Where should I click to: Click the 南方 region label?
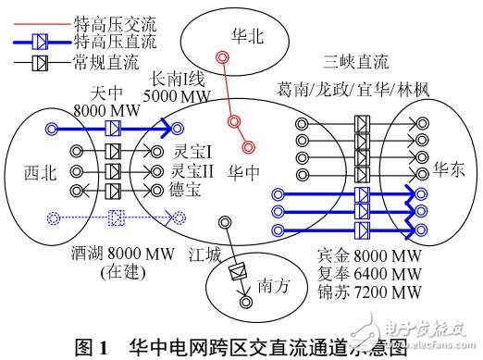[274, 286]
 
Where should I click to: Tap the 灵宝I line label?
[192, 150]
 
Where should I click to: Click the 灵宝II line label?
[194, 170]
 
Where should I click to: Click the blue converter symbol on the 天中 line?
[115, 129]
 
